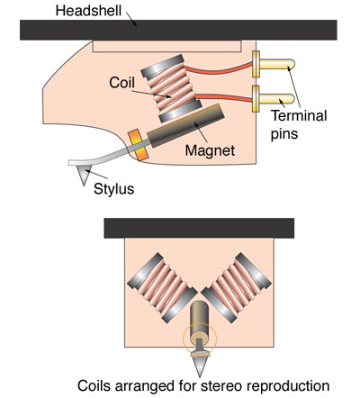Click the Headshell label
point(88,11)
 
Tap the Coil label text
point(121,83)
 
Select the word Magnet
point(210,150)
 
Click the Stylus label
point(113,189)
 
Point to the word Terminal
point(299,115)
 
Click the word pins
point(284,134)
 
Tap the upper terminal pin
point(274,64)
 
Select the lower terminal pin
point(274,99)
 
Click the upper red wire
point(218,71)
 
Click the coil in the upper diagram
point(171,88)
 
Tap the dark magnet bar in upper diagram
point(186,125)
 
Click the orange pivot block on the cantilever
point(139,145)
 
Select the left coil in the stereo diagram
point(162,288)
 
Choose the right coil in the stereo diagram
point(236,288)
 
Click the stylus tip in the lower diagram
point(200,376)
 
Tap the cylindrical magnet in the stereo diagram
point(200,319)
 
